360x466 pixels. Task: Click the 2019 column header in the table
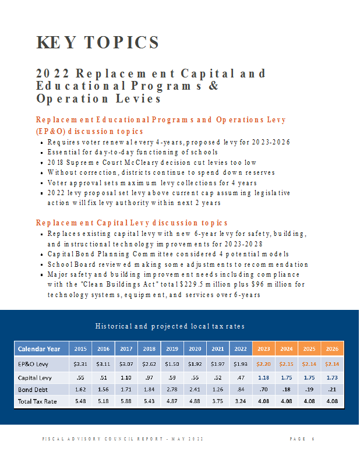172,348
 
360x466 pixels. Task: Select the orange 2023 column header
264,348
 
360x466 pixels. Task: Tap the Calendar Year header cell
39,349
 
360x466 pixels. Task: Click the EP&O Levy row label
33,364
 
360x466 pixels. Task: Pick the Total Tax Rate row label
37,401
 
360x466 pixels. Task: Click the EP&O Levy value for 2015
80,364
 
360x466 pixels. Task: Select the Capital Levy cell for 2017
126,377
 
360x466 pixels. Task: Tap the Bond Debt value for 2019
172,389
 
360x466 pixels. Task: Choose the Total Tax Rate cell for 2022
241,401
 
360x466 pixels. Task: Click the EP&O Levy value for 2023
263,364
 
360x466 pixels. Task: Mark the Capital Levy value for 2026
332,377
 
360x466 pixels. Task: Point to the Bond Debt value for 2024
287,389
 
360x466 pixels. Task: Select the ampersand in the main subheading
213,86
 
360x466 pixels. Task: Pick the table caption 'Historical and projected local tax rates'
170,326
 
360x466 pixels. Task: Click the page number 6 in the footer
313,439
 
